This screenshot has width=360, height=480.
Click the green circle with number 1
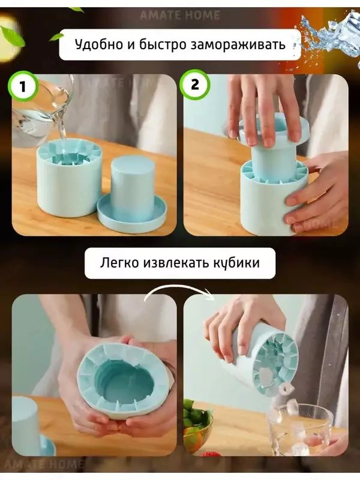pos(23,85)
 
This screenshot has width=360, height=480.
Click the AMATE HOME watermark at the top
pos(179,15)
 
